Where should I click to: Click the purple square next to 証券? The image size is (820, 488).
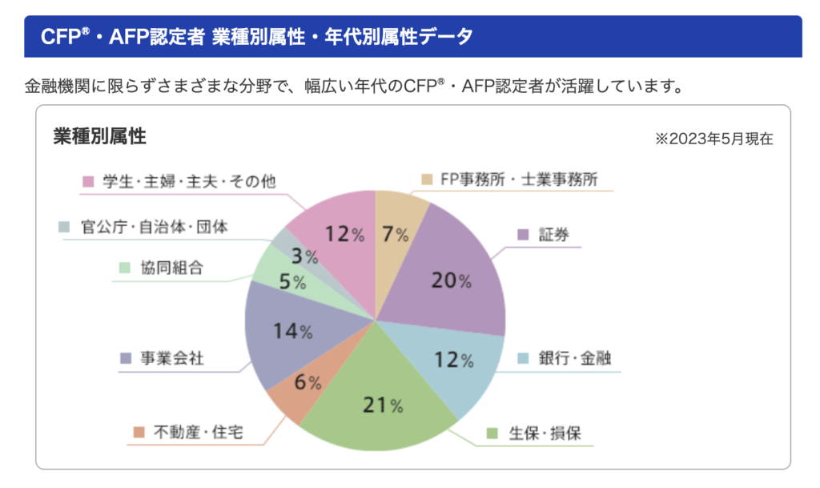click(x=523, y=235)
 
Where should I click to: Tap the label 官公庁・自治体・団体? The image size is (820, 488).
click(x=155, y=227)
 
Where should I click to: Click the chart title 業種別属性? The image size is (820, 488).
click(x=99, y=137)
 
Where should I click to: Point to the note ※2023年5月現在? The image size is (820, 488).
click(x=713, y=139)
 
